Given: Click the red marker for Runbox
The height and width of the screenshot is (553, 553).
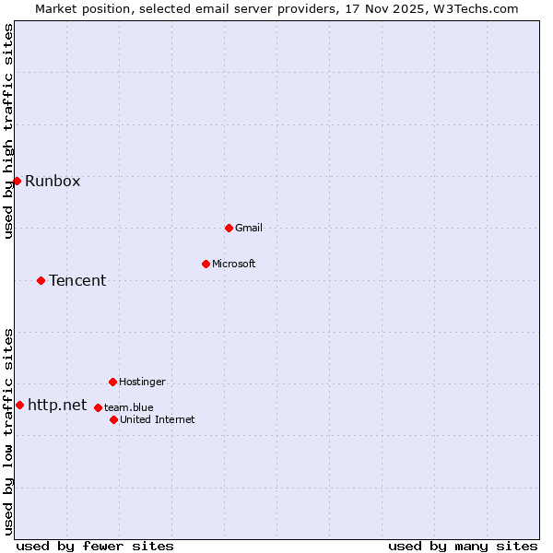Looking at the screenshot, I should click(x=17, y=181).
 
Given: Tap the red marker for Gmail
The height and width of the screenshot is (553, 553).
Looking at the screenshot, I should click(x=229, y=228).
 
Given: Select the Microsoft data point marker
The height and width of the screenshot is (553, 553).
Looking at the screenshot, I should click(x=206, y=264).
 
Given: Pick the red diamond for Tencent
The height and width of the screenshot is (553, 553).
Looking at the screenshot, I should click(x=41, y=280).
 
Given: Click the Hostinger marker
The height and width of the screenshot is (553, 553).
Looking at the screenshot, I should click(x=112, y=382).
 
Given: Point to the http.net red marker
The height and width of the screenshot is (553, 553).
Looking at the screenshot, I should click(x=19, y=405).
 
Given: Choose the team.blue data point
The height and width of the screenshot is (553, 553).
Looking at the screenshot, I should click(x=98, y=407).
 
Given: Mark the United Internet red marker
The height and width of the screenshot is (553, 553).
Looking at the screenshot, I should click(x=113, y=419).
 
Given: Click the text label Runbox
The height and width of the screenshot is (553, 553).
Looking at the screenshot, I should click(x=53, y=181).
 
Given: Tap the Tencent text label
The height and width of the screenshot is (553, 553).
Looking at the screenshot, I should click(x=77, y=280).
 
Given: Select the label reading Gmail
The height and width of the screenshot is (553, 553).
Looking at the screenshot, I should click(x=250, y=228).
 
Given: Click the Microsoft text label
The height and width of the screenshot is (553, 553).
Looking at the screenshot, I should click(x=234, y=264).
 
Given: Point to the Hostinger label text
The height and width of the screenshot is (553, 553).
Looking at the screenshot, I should click(x=142, y=382).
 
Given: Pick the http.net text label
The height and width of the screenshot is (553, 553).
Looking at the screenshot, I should click(x=57, y=405).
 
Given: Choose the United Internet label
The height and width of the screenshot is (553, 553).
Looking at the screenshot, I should click(x=157, y=419).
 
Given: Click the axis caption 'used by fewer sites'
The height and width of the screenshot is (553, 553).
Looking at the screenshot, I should click(x=95, y=546).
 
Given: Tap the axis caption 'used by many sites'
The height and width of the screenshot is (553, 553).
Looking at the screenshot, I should click(x=463, y=546).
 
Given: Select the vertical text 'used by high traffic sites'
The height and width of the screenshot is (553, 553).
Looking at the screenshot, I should click(x=9, y=131).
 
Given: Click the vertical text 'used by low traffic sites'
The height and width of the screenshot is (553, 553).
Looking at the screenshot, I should click(x=9, y=431).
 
